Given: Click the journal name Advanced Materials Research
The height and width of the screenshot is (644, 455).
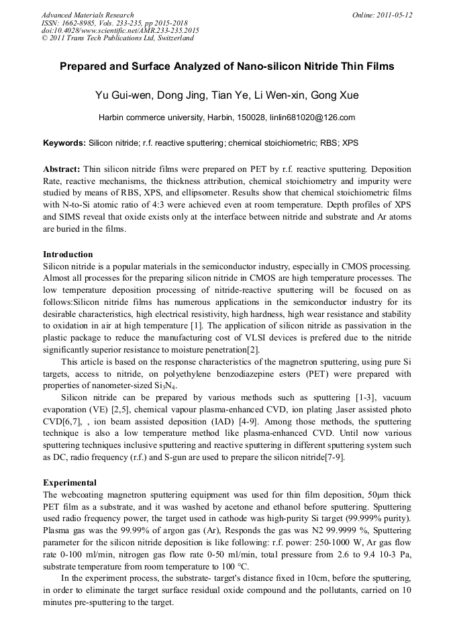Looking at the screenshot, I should pyautogui.click(x=87, y=15).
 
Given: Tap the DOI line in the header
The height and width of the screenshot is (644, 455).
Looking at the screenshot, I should pyautogui.click(x=120, y=30).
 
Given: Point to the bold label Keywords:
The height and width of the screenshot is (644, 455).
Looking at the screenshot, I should pyautogui.click(x=64, y=143).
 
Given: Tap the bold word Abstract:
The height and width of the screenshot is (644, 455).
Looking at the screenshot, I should pyautogui.click(x=62, y=169).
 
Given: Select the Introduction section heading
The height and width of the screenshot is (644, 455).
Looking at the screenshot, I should pyautogui.click(x=68, y=255).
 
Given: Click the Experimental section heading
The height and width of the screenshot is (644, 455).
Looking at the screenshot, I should pyautogui.click(x=70, y=483).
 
